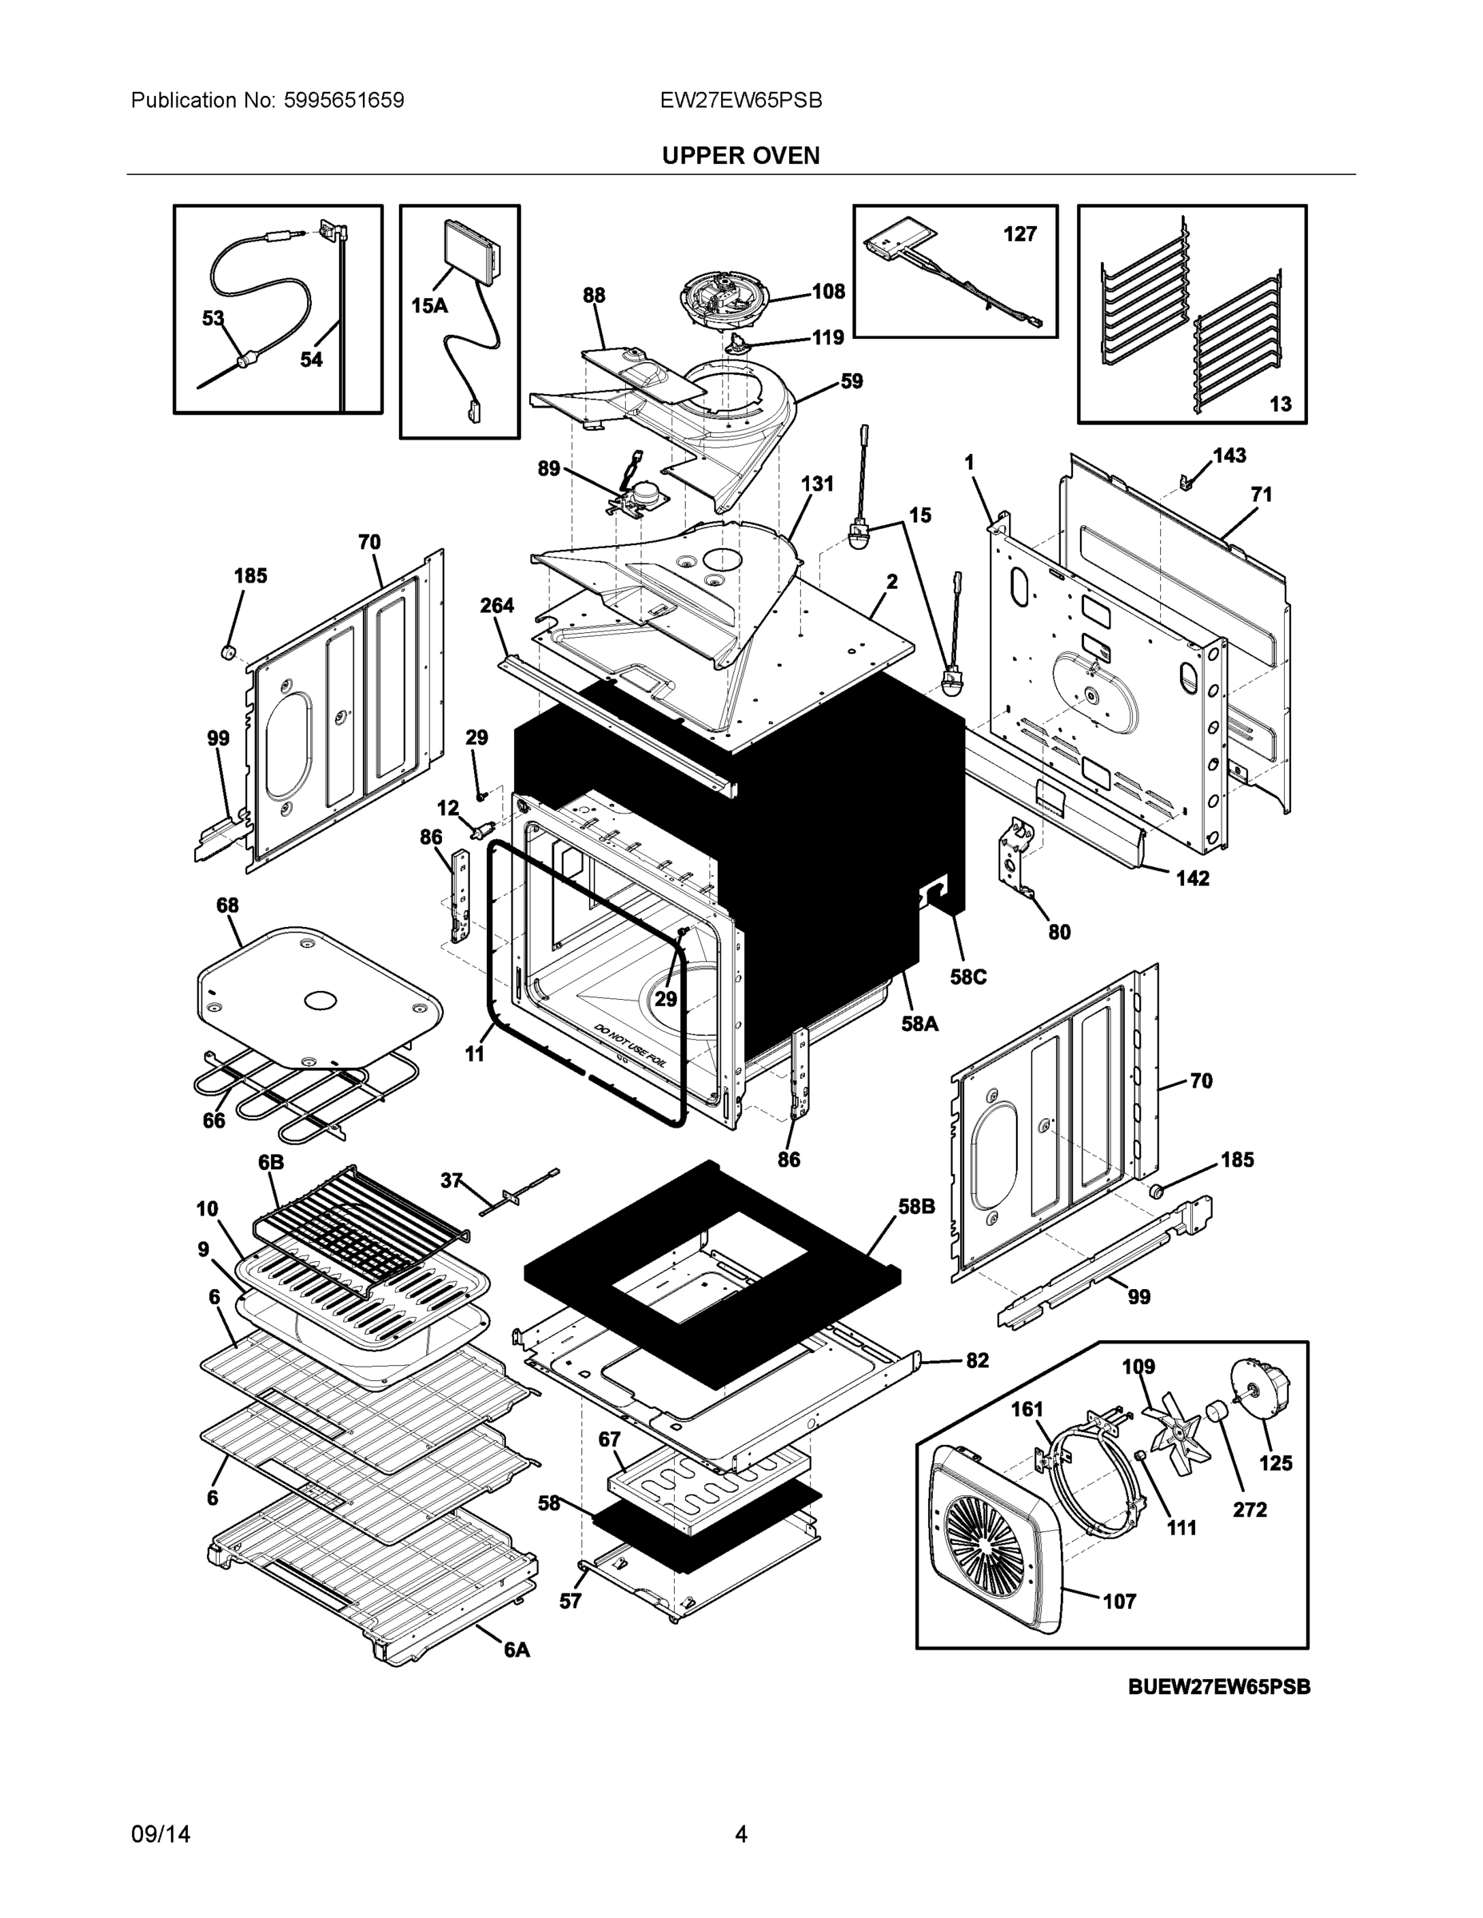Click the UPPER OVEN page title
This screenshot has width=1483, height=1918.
(x=740, y=156)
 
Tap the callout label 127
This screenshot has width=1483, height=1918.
(x=1019, y=233)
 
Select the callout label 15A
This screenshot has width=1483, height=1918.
(x=429, y=305)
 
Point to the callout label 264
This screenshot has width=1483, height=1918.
(x=496, y=605)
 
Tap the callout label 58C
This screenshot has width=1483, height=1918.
(x=968, y=977)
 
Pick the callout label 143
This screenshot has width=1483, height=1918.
(x=1229, y=455)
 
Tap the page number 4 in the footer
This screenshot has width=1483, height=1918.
(x=740, y=1834)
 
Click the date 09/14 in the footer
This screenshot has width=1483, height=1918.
(x=160, y=1834)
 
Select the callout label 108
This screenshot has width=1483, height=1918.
(x=827, y=291)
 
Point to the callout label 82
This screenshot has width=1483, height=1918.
(x=977, y=1360)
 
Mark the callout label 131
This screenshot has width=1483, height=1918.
(x=816, y=483)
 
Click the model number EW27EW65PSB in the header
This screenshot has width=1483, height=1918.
(x=740, y=100)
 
